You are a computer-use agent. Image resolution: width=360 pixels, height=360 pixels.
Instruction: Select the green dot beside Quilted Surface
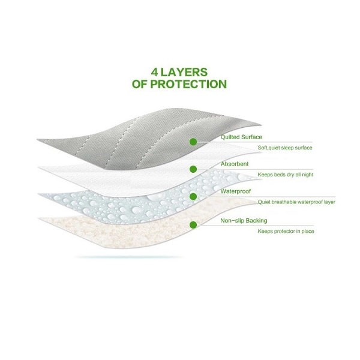pos(193,142)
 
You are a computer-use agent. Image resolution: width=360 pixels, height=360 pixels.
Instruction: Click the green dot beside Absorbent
pos(193,169)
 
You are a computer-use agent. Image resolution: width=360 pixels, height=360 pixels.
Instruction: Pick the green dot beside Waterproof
pos(193,196)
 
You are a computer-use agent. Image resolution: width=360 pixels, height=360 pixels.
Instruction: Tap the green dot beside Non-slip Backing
pos(193,225)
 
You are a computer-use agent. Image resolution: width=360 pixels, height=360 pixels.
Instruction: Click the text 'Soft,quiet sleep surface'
pos(285,148)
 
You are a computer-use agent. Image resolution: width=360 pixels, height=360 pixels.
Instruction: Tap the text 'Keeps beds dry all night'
pos(286,175)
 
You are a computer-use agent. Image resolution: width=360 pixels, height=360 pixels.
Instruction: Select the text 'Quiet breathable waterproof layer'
pos(296,202)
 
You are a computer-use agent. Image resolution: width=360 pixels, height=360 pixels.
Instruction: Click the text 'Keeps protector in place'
pos(286,231)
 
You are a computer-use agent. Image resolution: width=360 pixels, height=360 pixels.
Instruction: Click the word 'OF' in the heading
pos(140,85)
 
